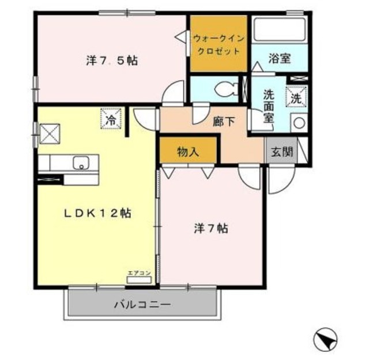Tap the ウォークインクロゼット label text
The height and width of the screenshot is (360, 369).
tap(218, 44)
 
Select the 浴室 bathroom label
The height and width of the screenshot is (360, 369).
tap(280, 58)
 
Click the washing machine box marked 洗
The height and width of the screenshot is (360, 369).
tap(296, 97)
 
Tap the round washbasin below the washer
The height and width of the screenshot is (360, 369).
tap(298, 122)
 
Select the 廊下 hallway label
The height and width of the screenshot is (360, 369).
tap(223, 121)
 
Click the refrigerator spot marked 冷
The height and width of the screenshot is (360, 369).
tap(111, 119)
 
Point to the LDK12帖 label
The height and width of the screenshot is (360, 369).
tap(97, 213)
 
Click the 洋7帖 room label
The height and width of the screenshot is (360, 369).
tap(210, 228)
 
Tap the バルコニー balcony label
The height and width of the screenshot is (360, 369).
tap(142, 304)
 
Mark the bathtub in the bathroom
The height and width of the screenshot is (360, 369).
tap(279, 31)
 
